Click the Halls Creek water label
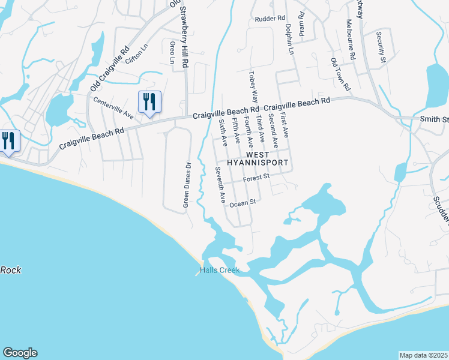(x=219, y=271)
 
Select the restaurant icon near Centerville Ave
(x=149, y=101)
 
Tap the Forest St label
(x=258, y=178)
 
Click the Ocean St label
(x=243, y=203)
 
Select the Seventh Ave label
(x=220, y=184)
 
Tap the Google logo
(x=19, y=353)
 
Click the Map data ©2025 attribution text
(x=423, y=355)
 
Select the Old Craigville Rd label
(x=110, y=69)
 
